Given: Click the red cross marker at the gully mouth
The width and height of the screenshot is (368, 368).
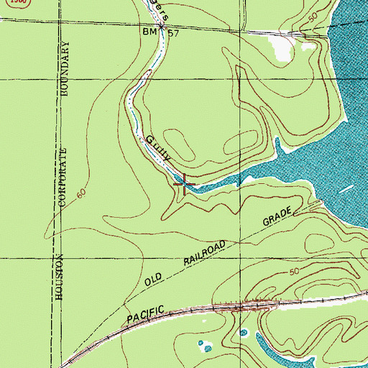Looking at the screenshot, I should (x=185, y=185).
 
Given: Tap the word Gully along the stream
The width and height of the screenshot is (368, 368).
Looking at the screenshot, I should (x=159, y=149).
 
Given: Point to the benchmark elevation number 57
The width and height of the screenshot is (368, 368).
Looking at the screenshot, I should (x=173, y=33).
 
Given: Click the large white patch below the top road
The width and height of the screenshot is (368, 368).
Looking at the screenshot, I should (x=280, y=47).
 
